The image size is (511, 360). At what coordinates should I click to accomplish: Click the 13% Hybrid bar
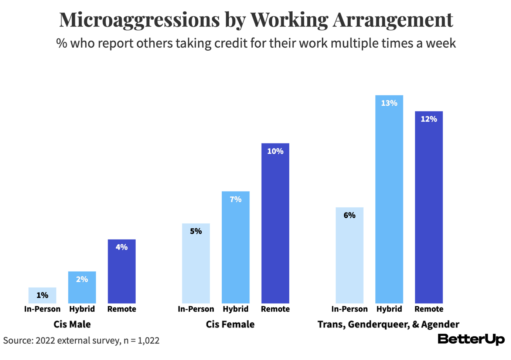click(389, 200)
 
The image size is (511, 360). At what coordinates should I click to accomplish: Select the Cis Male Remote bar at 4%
click(122, 272)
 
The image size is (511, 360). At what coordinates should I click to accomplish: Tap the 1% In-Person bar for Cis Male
click(42, 295)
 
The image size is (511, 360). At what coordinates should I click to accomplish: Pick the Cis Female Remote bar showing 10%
click(275, 224)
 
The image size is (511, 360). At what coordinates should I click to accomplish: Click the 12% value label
click(429, 119)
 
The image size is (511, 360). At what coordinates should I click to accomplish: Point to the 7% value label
click(235, 200)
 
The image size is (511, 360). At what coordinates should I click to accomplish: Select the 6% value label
click(349, 215)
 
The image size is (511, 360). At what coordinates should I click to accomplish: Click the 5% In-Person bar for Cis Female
click(196, 263)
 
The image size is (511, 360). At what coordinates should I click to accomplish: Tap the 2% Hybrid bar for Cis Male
click(82, 288)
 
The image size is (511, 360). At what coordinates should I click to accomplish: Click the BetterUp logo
click(471, 339)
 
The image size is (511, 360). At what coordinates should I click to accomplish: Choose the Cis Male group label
click(72, 325)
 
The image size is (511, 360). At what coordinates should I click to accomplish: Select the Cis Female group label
click(230, 325)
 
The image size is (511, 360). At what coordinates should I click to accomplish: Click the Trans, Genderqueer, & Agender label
click(388, 325)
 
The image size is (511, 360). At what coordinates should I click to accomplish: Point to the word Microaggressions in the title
click(139, 20)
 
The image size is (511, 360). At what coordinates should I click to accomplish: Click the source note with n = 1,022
click(81, 340)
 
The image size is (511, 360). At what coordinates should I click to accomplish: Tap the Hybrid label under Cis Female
click(235, 309)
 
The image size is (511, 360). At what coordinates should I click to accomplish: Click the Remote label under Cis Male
click(122, 309)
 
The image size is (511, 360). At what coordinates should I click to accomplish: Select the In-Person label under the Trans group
click(349, 309)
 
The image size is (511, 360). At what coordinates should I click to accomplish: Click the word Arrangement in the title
click(393, 20)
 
